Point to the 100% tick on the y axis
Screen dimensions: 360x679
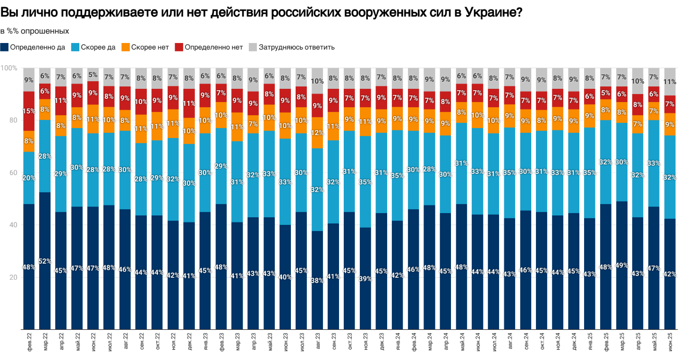pos(9,68)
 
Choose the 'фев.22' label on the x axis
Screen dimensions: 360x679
pos(29,343)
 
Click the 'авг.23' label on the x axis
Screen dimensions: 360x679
pos(317,343)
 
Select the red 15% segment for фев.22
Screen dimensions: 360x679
pos(29,111)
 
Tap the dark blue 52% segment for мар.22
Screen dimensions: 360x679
pos(45,261)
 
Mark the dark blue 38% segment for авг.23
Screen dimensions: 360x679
pos(317,280)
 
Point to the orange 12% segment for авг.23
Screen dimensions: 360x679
pos(317,133)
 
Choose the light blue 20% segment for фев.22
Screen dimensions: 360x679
pos(29,178)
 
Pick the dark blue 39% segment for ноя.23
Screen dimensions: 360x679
pos(365,278)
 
